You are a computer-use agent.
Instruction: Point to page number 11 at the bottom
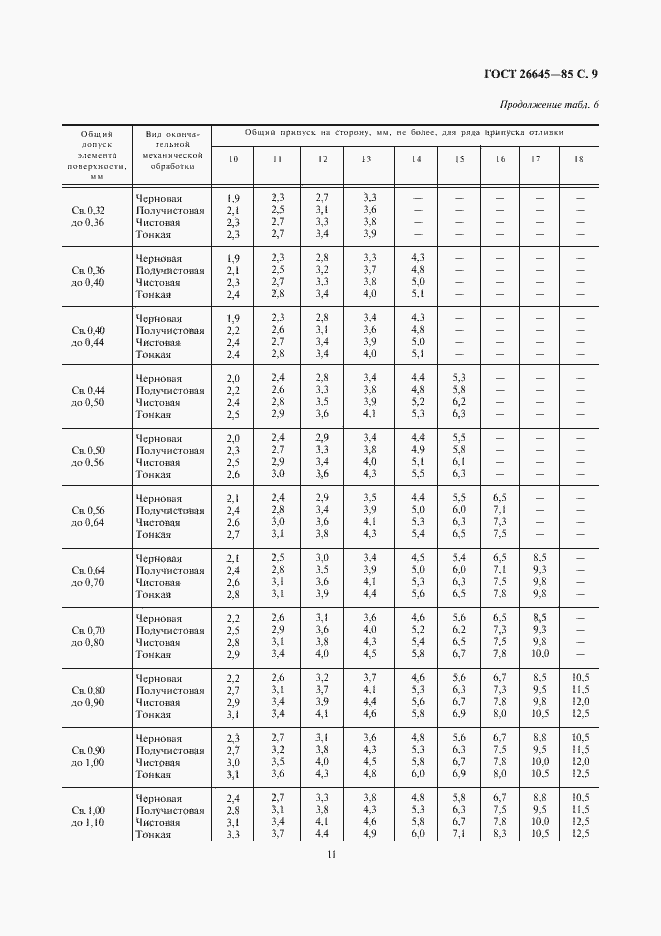[330, 853]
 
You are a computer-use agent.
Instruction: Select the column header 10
[233, 159]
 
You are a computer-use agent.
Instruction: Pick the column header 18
[579, 159]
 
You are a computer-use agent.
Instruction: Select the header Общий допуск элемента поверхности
[96, 154]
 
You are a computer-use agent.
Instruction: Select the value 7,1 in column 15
[459, 834]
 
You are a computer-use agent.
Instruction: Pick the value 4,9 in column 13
[369, 834]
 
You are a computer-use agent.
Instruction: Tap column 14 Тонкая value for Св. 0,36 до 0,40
[417, 294]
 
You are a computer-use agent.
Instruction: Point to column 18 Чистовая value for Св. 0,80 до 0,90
[579, 702]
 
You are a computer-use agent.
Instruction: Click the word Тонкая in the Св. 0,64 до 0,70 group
[154, 594]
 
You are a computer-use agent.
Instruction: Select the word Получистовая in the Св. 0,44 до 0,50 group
[171, 390]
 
